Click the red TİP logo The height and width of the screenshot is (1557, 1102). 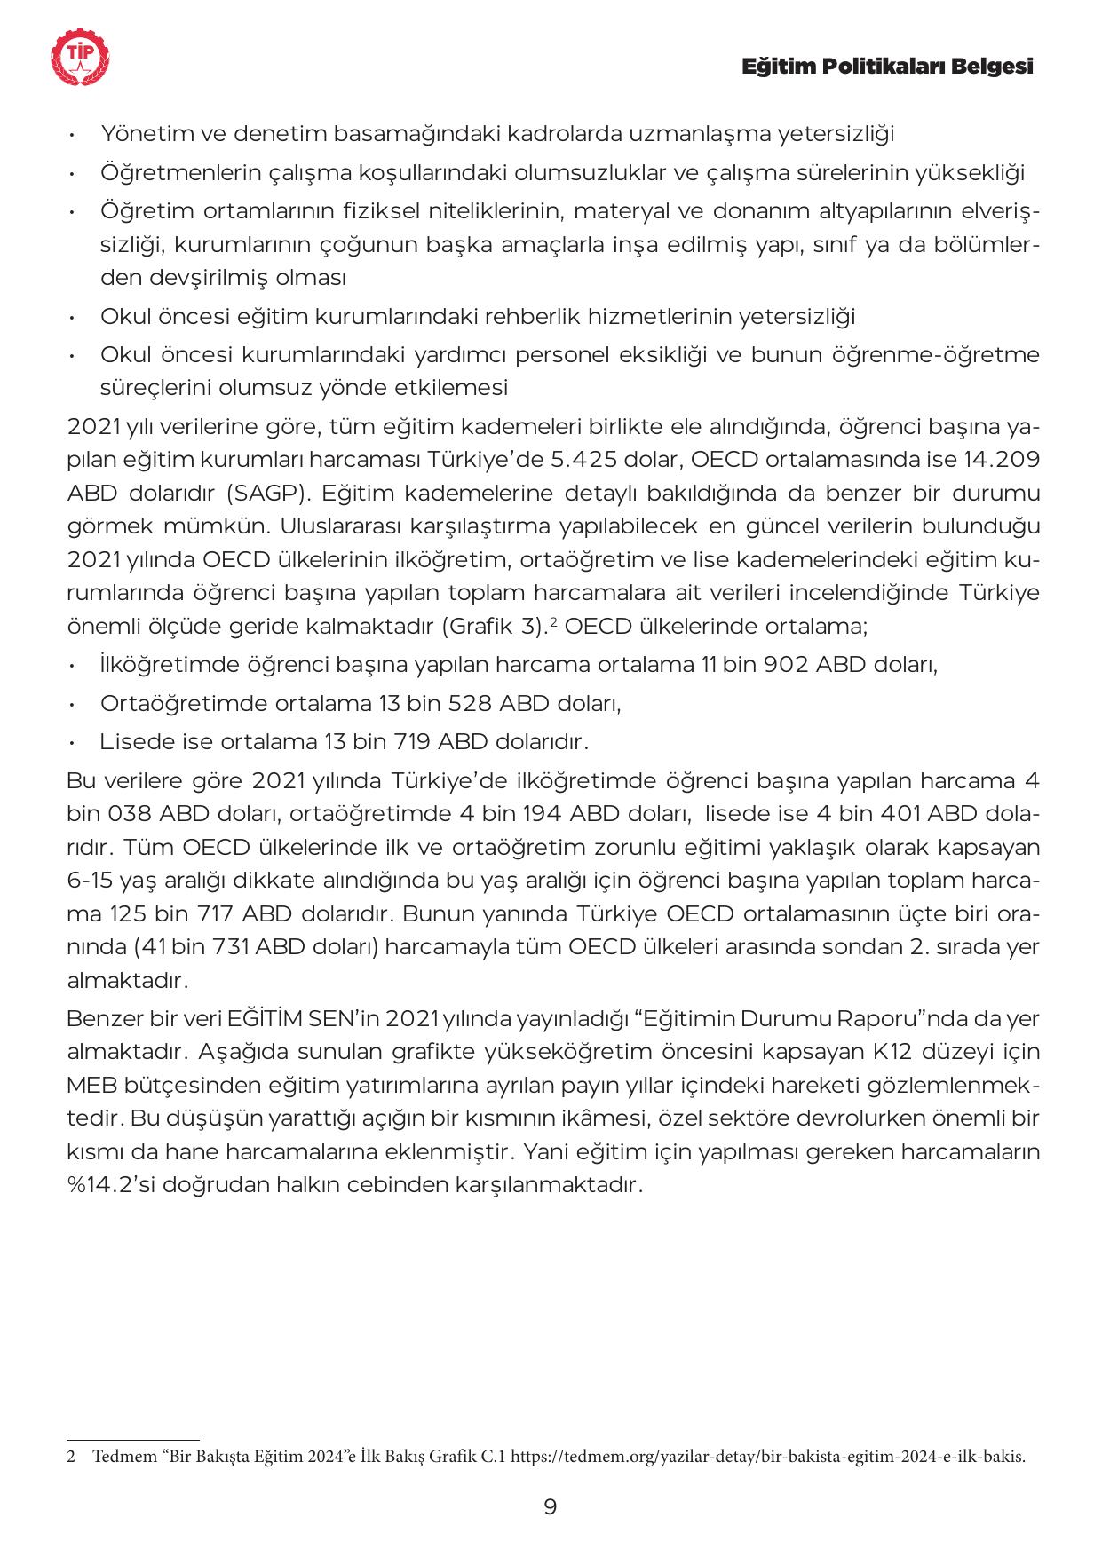(82, 58)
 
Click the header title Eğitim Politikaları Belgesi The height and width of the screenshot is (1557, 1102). (887, 67)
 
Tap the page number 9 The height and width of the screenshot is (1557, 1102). (551, 1506)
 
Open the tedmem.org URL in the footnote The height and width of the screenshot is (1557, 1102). (769, 1457)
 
